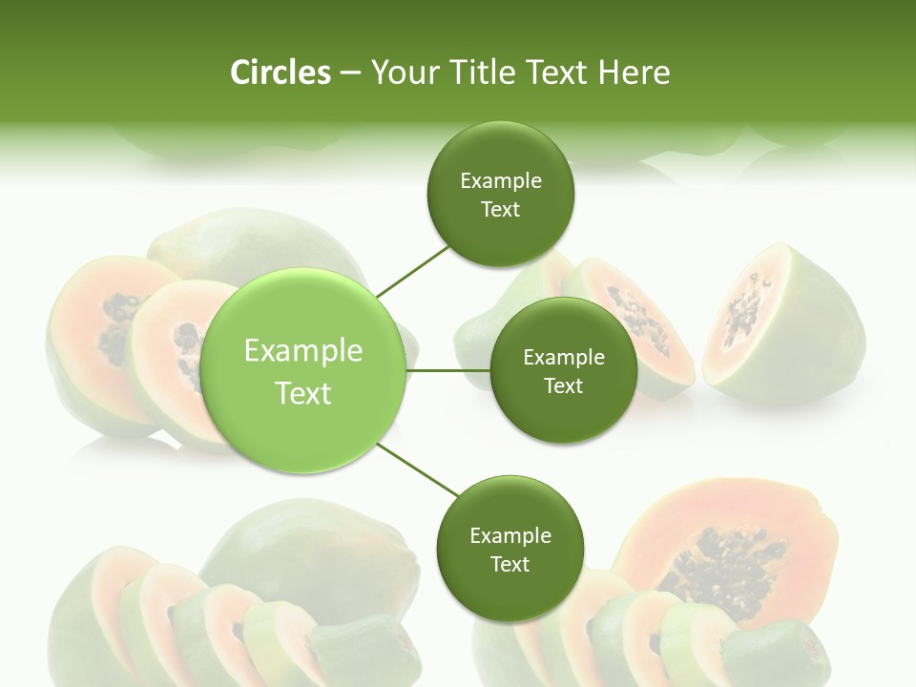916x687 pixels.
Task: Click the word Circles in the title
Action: pyautogui.click(x=280, y=73)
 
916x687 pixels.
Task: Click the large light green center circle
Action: pyautogui.click(x=303, y=370)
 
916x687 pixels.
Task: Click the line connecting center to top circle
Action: pyautogui.click(x=413, y=271)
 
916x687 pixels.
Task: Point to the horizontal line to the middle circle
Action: pyautogui.click(x=448, y=370)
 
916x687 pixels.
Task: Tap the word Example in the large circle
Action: pyautogui.click(x=303, y=351)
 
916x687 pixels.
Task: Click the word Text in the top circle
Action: pyautogui.click(x=501, y=210)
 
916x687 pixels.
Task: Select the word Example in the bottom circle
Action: pyautogui.click(x=510, y=536)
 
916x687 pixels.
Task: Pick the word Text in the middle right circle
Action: pyautogui.click(x=564, y=386)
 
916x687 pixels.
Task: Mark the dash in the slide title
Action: pyautogui.click(x=350, y=73)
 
